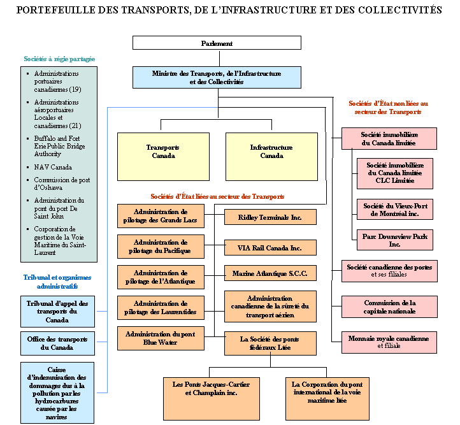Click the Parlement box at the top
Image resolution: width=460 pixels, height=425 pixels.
217,43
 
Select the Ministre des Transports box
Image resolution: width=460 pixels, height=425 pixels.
217,78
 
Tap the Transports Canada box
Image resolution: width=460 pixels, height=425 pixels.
162,152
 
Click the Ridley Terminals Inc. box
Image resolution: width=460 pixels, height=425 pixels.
270,217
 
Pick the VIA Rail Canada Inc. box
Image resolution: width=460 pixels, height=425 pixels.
270,248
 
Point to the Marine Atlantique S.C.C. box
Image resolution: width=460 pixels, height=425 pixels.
270,274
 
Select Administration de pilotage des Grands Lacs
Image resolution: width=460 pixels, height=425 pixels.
161,216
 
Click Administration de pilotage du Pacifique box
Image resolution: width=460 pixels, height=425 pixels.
161,247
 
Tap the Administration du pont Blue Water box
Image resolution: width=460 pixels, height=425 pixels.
161,338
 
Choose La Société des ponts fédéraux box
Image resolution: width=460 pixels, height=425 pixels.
270,343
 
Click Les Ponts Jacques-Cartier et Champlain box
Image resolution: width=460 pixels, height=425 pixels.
211,389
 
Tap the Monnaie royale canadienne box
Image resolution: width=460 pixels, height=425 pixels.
389,342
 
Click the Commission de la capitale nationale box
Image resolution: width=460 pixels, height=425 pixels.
389,306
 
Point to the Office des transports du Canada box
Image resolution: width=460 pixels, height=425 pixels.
57,343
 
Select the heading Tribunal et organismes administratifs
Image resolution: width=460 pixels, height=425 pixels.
57,282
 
